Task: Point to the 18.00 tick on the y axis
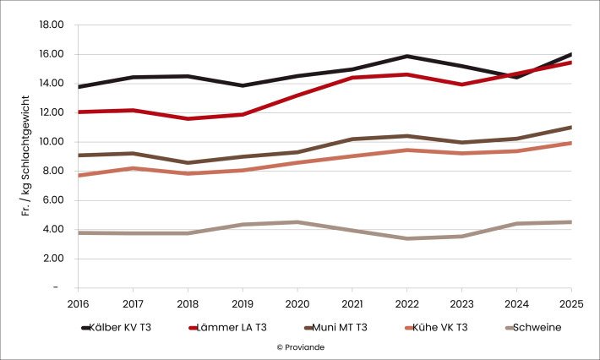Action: [x=52, y=25]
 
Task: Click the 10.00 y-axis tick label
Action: [x=52, y=142]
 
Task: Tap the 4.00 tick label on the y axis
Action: [x=54, y=230]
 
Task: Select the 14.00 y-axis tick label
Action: [x=52, y=84]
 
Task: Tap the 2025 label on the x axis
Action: [x=570, y=302]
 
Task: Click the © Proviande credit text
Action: [x=299, y=346]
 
